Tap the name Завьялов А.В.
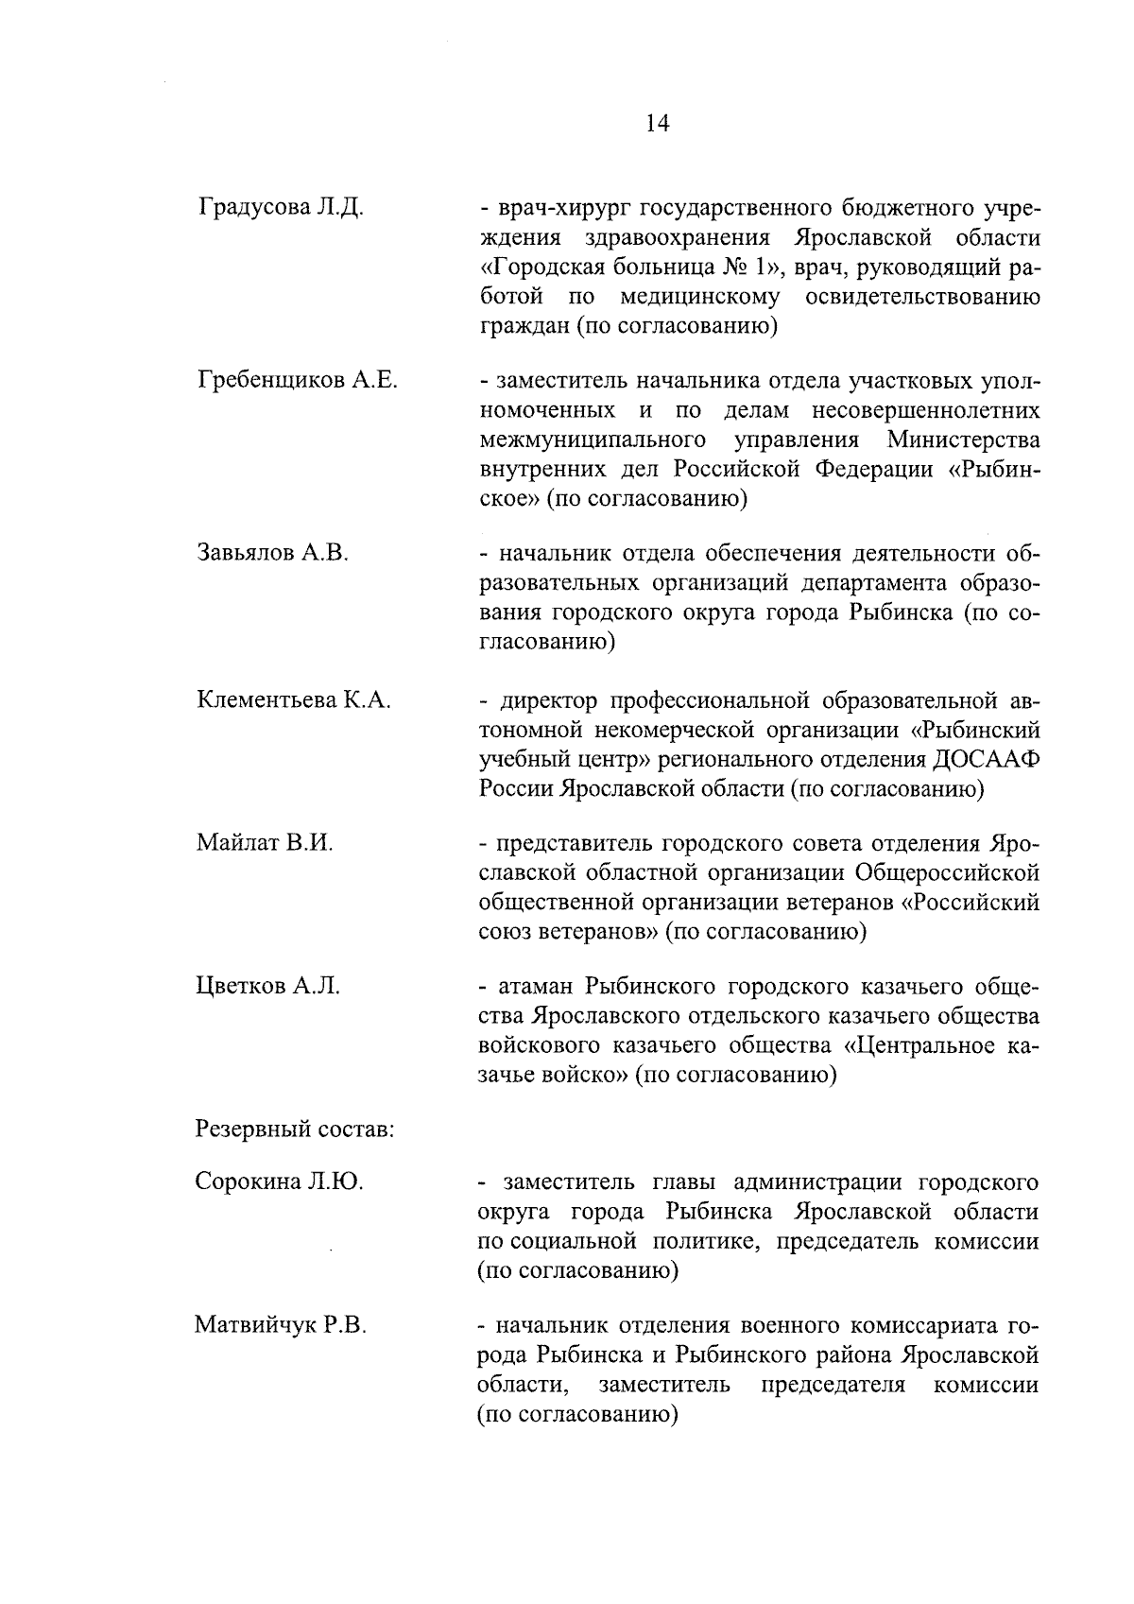tap(273, 553)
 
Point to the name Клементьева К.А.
tap(294, 700)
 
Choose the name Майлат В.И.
tap(265, 842)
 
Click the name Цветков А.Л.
tap(268, 987)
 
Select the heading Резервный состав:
tap(295, 1129)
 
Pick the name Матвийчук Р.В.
tap(281, 1325)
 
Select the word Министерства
tap(964, 440)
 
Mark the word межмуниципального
tap(594, 440)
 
